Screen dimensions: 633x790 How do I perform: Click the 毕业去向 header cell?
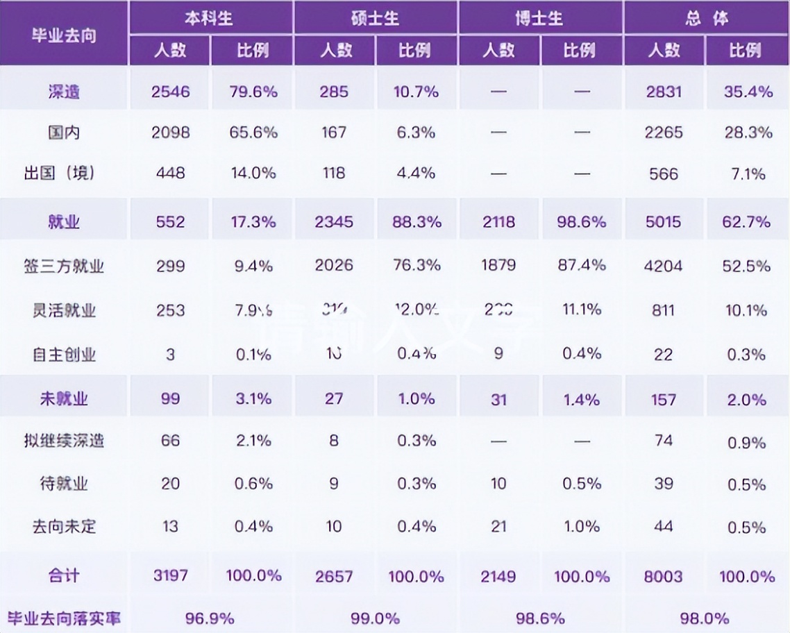point(63,35)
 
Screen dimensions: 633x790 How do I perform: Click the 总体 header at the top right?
point(707,18)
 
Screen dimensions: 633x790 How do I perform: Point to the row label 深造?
point(64,92)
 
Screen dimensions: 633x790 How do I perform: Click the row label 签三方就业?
point(64,265)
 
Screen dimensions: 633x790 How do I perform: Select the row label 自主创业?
point(64,355)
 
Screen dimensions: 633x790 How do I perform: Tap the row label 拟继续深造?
point(64,441)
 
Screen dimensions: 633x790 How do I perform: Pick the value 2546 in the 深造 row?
point(170,92)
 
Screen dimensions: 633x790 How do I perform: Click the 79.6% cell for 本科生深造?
point(253,92)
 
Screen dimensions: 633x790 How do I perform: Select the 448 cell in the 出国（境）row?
point(170,173)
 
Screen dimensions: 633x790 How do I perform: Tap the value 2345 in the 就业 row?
point(334,222)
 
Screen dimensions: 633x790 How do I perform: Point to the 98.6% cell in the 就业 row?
point(581,222)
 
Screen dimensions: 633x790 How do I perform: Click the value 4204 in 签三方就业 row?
point(664,266)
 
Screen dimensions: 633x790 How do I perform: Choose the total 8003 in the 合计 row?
point(664,576)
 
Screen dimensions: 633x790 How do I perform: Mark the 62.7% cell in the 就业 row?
point(747,222)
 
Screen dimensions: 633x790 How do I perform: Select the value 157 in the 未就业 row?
point(664,400)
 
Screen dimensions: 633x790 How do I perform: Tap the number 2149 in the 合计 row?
point(498,576)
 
